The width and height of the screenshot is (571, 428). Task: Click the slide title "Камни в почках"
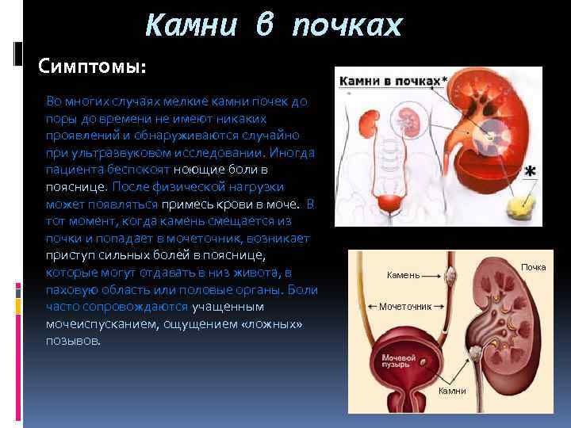coord(274,26)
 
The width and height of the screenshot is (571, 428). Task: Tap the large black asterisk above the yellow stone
coord(530,172)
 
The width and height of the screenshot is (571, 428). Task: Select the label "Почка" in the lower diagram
coord(533,267)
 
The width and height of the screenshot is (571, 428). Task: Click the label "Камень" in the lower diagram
coord(402,275)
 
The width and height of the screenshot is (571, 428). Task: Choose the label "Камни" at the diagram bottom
coord(452,392)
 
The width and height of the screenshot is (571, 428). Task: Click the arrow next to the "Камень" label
coord(433,276)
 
